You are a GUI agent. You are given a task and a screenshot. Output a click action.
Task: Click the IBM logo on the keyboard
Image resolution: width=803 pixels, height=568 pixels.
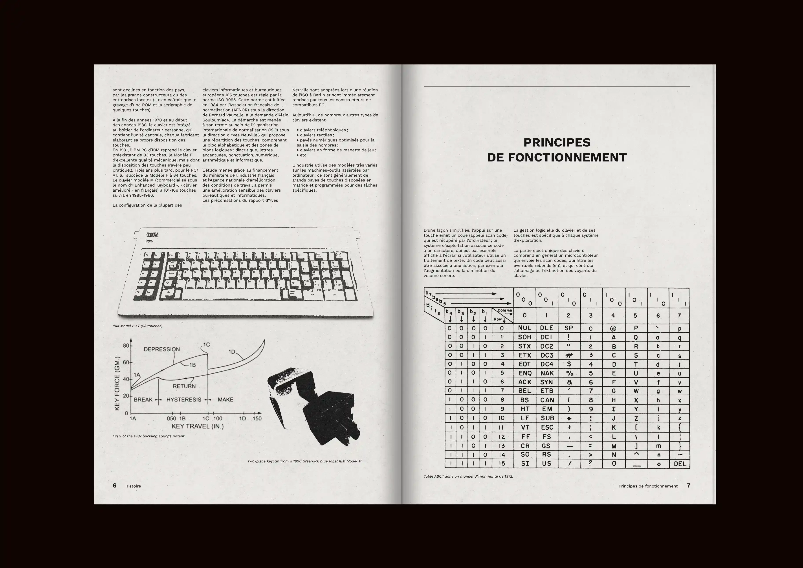(152, 235)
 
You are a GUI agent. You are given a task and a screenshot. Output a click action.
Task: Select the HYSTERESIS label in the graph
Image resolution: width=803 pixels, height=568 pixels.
(184, 399)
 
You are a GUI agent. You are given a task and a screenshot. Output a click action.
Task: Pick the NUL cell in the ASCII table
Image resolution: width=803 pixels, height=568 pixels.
(525, 328)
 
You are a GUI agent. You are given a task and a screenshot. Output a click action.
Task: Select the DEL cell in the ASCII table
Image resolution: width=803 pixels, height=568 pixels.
(680, 464)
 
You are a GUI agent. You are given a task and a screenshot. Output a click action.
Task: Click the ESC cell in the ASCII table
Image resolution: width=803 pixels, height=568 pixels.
(547, 427)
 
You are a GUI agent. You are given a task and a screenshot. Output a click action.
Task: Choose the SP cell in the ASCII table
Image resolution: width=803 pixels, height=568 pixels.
(569, 328)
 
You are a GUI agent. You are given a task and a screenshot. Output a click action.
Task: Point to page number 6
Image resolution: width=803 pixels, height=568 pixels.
(114, 486)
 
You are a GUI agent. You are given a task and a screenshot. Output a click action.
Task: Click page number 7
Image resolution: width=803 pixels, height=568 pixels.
(688, 486)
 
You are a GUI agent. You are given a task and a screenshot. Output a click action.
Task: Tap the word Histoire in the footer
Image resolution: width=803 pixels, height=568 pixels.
(133, 486)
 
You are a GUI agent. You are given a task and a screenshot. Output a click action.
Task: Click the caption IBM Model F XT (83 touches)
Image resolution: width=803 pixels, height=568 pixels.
(137, 326)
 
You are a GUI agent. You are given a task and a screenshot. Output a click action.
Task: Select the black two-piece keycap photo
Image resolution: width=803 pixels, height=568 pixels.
(315, 406)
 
